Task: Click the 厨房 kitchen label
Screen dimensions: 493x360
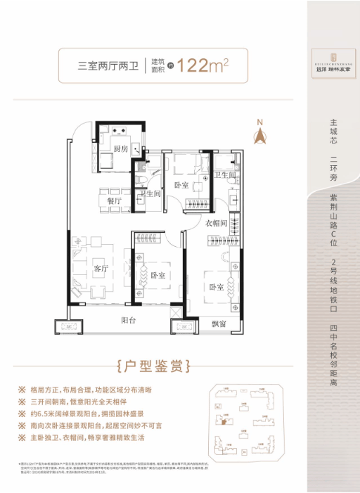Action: click(x=119, y=149)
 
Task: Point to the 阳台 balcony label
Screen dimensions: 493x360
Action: click(x=128, y=319)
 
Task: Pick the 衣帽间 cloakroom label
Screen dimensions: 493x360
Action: click(x=217, y=223)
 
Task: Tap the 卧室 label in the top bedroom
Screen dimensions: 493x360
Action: click(x=181, y=185)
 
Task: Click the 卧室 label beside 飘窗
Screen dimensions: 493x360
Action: click(x=217, y=288)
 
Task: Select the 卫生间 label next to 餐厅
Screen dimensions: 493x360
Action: click(x=150, y=194)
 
